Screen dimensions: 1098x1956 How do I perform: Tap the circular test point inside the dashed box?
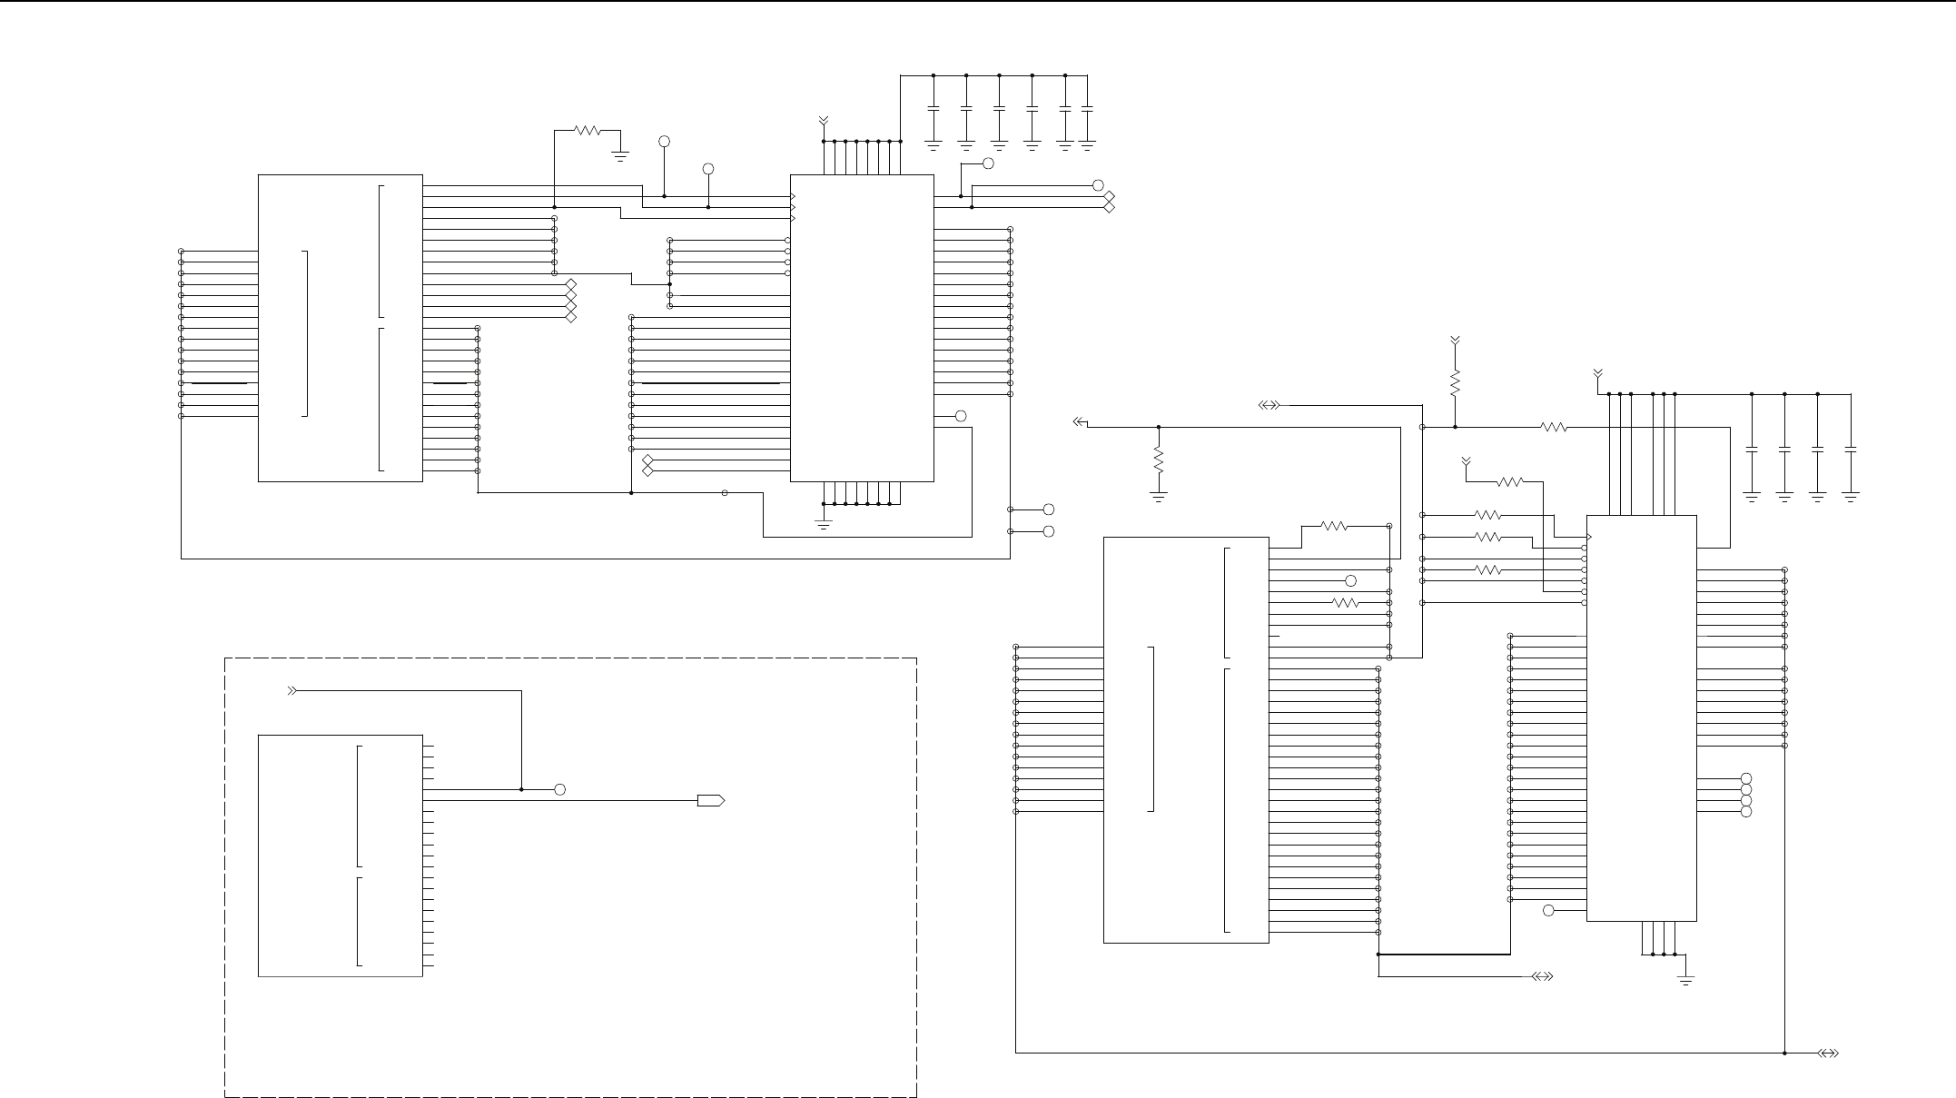click(560, 789)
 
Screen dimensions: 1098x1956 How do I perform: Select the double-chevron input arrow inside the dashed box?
click(292, 691)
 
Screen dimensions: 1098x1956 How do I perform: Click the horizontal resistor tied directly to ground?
click(588, 130)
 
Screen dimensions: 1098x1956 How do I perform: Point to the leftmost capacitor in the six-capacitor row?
click(934, 109)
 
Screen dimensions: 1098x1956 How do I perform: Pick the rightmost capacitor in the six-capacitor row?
click(1088, 109)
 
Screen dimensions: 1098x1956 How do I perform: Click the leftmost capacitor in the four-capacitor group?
click(1752, 450)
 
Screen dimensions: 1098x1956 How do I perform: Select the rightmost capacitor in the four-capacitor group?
click(1851, 450)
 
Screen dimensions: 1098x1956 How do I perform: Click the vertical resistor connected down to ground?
click(1159, 460)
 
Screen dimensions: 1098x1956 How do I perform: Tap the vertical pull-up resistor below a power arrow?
click(1455, 383)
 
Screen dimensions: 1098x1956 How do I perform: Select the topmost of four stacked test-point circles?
click(1745, 779)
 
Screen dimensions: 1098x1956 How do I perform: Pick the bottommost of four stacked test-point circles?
click(1745, 812)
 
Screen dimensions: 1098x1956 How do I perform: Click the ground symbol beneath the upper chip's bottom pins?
click(824, 524)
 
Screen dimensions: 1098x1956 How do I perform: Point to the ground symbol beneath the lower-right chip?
click(1686, 981)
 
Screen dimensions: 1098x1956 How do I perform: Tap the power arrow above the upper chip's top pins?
click(824, 120)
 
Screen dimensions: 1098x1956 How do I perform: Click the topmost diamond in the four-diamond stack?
click(571, 284)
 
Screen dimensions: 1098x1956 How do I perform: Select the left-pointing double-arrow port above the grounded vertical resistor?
click(1080, 421)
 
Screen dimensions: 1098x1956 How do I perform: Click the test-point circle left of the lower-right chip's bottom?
click(1549, 910)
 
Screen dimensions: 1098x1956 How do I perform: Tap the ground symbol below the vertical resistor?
click(1159, 496)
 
